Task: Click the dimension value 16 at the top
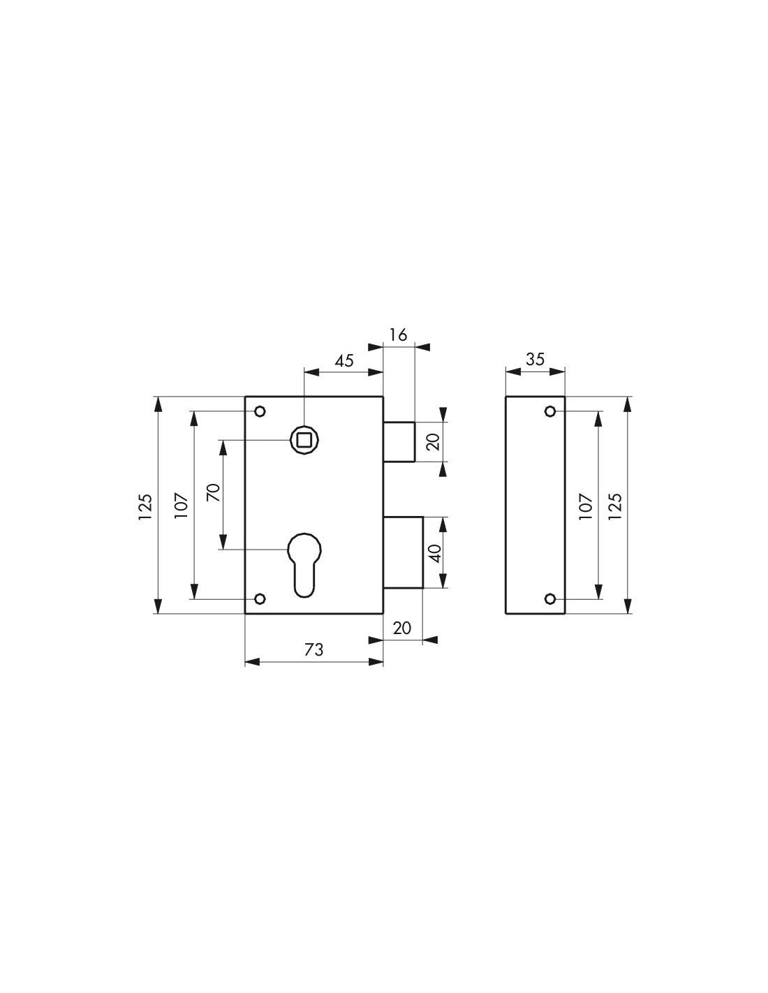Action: pos(398,335)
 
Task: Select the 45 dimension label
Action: pos(344,361)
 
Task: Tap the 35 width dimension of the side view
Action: pos(535,360)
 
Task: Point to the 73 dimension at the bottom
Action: pos(314,650)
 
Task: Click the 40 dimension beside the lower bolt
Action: pos(434,554)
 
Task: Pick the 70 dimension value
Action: pos(214,493)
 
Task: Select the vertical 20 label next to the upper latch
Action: pos(434,441)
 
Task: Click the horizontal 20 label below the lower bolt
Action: pos(402,628)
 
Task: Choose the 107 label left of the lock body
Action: pos(181,506)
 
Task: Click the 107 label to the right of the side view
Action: pos(585,506)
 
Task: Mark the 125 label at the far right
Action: pos(615,506)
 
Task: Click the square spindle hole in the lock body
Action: pos(304,439)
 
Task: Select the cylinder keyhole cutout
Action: pos(304,563)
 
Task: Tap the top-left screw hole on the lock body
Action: pos(260,411)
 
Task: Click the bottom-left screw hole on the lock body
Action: pos(260,599)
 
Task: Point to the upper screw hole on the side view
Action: pos(550,411)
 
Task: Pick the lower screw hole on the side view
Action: pos(550,599)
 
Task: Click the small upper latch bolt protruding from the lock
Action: pos(399,441)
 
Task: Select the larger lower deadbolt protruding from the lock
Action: pos(403,552)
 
